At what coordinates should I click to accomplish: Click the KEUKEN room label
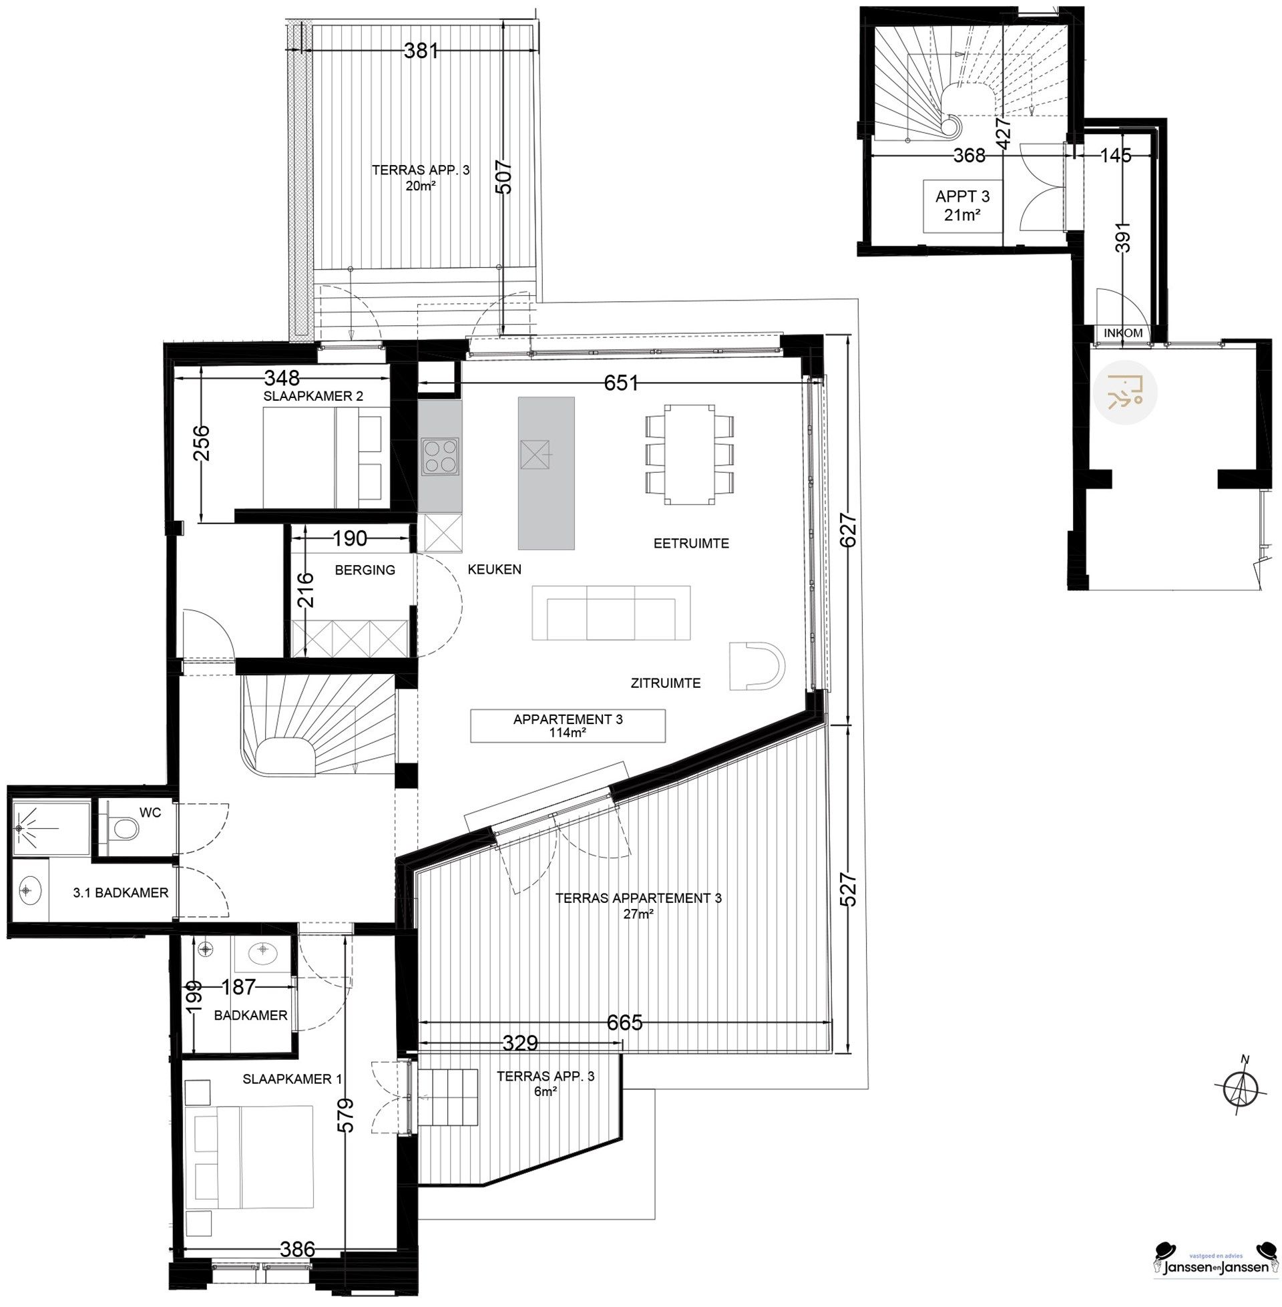point(494,569)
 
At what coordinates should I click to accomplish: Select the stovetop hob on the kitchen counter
point(439,456)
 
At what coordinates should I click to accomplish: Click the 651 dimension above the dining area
point(620,383)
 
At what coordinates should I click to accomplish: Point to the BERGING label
point(365,570)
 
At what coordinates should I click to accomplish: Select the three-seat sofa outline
point(611,613)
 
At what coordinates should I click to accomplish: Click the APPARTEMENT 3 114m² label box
point(568,726)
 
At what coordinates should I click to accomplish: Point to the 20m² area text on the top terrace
point(420,186)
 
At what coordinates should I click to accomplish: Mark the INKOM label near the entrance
point(1122,333)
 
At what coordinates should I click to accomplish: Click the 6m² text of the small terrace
point(546,1091)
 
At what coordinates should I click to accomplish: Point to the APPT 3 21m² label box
point(962,206)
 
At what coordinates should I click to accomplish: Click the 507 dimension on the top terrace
point(504,178)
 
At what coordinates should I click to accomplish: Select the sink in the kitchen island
point(536,457)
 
